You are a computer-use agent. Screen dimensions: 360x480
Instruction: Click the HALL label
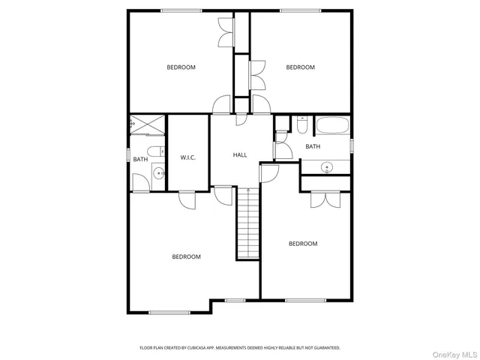tap(240, 155)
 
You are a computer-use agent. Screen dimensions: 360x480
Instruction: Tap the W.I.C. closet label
tap(187, 157)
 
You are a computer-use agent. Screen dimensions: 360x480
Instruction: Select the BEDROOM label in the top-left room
tap(181, 67)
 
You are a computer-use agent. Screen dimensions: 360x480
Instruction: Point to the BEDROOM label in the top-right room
tap(300, 67)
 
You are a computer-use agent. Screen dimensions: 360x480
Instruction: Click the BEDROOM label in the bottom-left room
tap(186, 256)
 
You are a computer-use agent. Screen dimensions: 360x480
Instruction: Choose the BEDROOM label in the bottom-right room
tap(303, 244)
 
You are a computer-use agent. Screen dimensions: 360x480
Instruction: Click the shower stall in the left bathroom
tap(145, 124)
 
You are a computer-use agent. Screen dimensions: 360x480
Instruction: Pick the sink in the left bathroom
tap(158, 174)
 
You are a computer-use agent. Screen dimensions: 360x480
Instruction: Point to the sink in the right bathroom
tap(326, 166)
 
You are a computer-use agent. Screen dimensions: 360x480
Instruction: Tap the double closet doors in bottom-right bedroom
tap(319, 199)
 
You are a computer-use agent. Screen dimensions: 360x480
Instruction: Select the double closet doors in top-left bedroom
tap(226, 31)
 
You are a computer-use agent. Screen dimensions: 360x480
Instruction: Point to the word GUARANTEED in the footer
tap(324, 348)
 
